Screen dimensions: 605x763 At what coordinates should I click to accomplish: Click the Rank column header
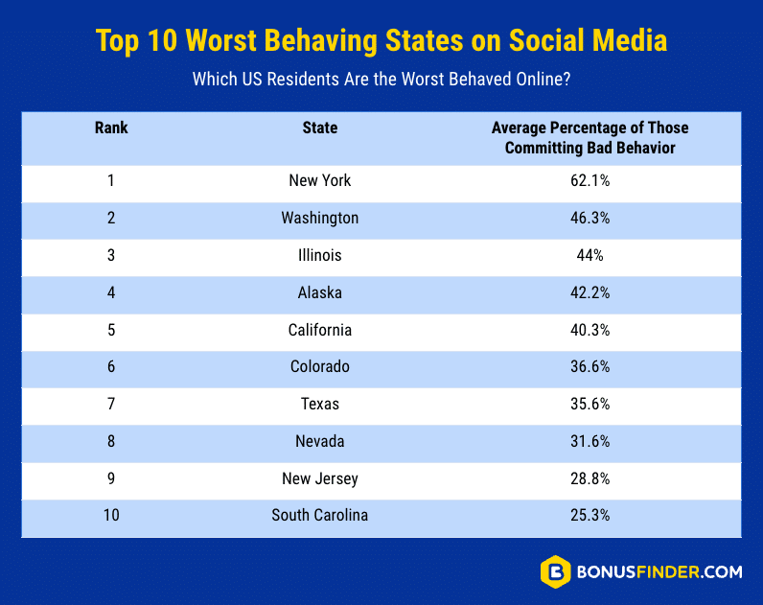[x=111, y=128]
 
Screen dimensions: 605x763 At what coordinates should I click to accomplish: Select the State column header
[x=320, y=128]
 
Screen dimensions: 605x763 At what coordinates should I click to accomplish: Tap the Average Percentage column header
[x=590, y=137]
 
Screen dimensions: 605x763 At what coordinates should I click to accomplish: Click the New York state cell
[x=320, y=180]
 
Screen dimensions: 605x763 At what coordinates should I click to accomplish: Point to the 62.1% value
[x=590, y=180]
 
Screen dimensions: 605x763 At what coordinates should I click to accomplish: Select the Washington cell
[x=320, y=218]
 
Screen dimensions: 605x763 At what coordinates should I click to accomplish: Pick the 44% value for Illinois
[x=590, y=255]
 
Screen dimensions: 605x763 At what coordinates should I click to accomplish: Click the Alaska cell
[x=320, y=292]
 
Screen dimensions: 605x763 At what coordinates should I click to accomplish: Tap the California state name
[x=320, y=330]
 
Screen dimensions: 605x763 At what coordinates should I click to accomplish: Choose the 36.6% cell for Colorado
[x=590, y=366]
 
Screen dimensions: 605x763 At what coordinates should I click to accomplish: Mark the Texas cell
[x=320, y=404]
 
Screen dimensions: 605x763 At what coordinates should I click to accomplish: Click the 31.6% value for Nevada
[x=590, y=441]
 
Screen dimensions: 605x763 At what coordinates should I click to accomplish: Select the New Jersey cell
[x=320, y=478]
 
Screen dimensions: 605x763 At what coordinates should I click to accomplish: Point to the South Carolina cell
[x=320, y=515]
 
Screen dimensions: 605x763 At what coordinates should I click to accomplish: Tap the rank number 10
[x=111, y=515]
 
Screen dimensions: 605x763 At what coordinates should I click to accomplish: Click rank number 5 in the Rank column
[x=111, y=330]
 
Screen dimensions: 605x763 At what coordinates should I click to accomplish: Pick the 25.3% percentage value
[x=590, y=515]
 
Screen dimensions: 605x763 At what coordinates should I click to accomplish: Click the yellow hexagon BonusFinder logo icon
[x=556, y=571]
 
